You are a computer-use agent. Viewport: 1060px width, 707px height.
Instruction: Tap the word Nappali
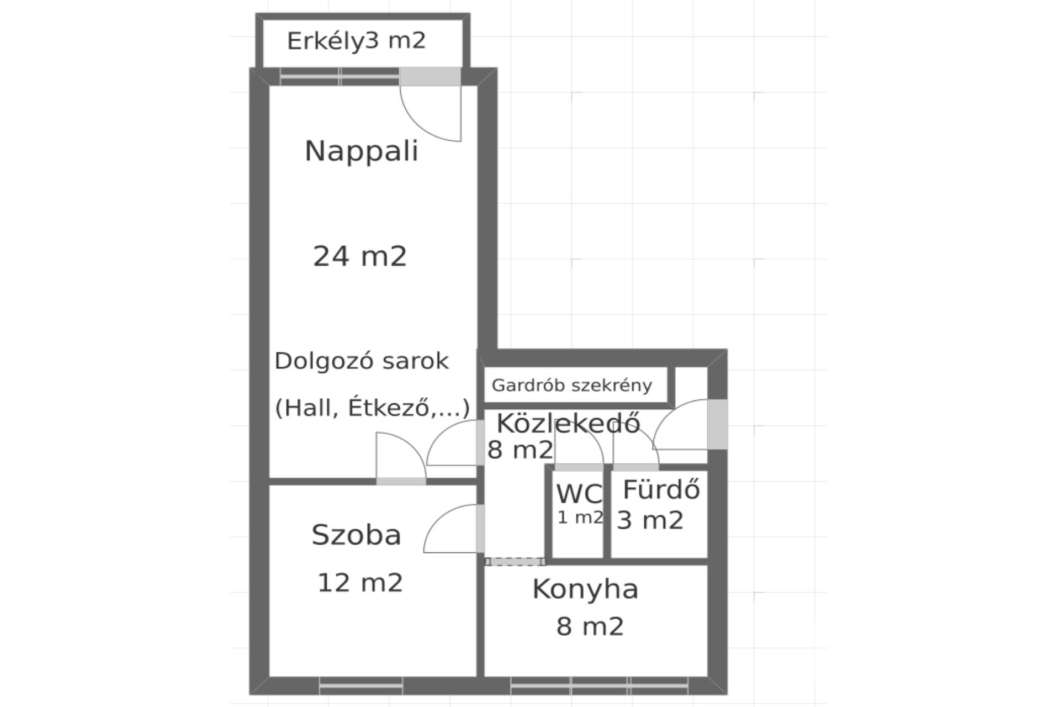pyautogui.click(x=362, y=151)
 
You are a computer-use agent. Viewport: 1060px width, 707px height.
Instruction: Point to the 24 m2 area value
pyautogui.click(x=360, y=256)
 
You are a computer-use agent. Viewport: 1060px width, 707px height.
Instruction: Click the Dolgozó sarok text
pyautogui.click(x=362, y=362)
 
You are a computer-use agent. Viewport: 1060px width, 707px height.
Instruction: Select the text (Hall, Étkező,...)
pyautogui.click(x=373, y=408)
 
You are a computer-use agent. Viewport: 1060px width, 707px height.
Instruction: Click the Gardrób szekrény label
pyautogui.click(x=572, y=386)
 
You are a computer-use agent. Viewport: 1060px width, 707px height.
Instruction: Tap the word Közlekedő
pyautogui.click(x=569, y=424)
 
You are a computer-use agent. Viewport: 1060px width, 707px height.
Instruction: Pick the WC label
pyautogui.click(x=579, y=494)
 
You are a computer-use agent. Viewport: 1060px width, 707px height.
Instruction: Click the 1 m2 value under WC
pyautogui.click(x=580, y=518)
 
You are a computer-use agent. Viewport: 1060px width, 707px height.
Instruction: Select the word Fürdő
pyautogui.click(x=661, y=489)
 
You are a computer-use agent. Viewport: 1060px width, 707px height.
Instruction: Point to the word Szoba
pyautogui.click(x=356, y=535)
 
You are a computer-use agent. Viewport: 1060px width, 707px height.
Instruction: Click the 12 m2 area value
pyautogui.click(x=360, y=583)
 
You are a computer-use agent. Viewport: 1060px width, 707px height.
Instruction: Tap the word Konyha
pyautogui.click(x=586, y=589)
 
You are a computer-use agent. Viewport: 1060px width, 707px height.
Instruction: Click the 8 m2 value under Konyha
pyautogui.click(x=590, y=627)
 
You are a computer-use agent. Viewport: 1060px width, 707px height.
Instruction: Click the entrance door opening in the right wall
pyautogui.click(x=717, y=424)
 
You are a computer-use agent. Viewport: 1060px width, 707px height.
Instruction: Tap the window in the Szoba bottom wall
pyautogui.click(x=361, y=685)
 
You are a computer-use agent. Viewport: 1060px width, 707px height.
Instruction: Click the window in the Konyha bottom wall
pyautogui.click(x=599, y=685)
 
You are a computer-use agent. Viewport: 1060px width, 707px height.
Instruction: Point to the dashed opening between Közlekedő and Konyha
pyautogui.click(x=515, y=562)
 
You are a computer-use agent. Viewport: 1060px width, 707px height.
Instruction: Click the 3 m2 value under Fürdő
pyautogui.click(x=650, y=520)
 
